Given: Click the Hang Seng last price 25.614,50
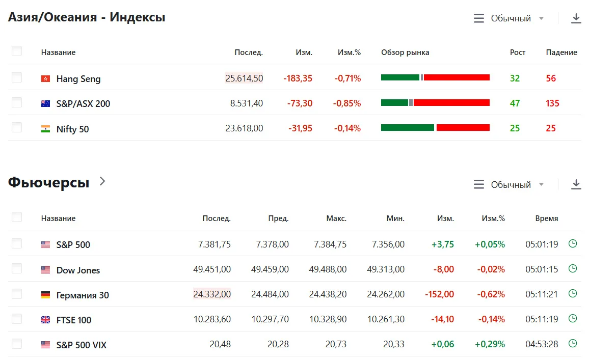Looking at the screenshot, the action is coord(244,78).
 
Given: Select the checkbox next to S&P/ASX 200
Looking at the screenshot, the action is coord(17,102).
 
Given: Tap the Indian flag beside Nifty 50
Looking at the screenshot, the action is coord(45,129).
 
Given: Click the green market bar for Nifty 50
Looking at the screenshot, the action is coord(408,128).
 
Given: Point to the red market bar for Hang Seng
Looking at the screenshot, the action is coord(457,77).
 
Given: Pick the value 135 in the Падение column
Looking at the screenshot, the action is coord(552,103).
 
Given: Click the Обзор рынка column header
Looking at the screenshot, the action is coord(405,52).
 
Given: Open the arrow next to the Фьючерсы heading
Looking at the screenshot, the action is coord(102,182).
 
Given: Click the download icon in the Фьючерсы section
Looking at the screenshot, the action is coord(576,184).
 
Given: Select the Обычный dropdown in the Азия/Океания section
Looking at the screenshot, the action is coord(508,18).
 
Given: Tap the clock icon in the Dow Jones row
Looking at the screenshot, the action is coord(573,269).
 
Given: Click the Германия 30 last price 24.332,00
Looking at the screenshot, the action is coord(212,294).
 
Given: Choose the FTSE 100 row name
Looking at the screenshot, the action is coord(73,320).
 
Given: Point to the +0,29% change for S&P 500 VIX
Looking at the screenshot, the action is coord(490,344).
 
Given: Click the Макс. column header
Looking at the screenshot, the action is coord(336,218).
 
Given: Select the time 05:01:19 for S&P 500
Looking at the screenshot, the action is coord(542,244).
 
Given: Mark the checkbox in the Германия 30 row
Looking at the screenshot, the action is coord(17,294).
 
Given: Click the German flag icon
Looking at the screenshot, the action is coord(45,295).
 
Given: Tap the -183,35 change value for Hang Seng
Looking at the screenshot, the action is coord(298,78).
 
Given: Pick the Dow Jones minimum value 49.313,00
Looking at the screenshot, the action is coord(386,269).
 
